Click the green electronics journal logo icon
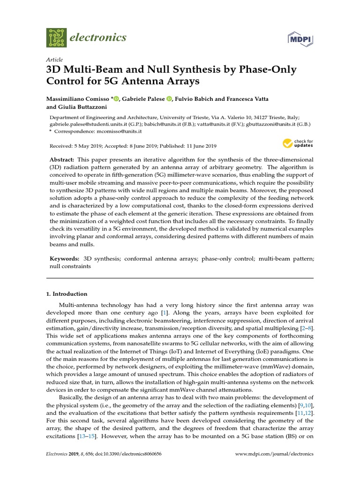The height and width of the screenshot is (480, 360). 57,37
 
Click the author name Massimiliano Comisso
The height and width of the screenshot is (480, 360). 77,99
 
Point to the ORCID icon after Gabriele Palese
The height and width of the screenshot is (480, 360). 169,99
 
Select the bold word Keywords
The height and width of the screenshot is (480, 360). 64,258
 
